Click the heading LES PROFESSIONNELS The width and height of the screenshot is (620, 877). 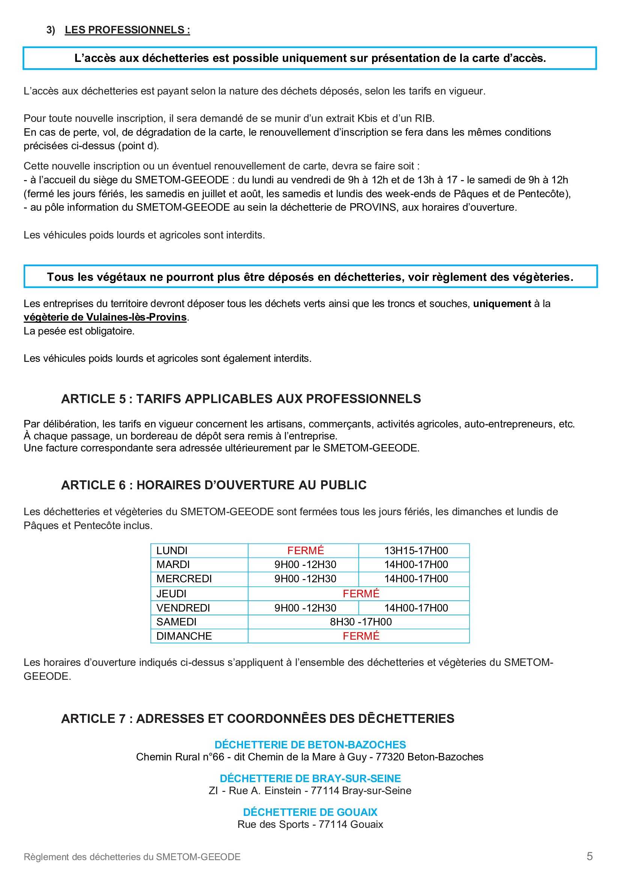pos(127,30)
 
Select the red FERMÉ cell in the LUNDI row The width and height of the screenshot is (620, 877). pos(305,550)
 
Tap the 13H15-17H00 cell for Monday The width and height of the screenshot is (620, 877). pos(416,550)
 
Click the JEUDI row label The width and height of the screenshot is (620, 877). pos(171,594)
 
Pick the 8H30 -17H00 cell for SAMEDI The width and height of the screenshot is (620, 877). pos(360,622)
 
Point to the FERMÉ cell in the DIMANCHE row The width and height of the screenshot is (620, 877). pos(360,636)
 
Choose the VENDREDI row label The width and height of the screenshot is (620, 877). pos(183,608)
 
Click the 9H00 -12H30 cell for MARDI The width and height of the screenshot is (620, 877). pos(305,565)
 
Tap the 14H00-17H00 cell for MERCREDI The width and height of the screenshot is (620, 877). pos(416,579)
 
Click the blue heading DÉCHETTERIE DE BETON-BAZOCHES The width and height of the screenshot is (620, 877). pos(310,745)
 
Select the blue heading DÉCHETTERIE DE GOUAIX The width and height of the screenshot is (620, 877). pos(310,812)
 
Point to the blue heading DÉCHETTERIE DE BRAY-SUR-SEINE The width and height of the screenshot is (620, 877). pos(310,778)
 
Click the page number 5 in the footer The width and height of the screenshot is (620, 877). pos(590,856)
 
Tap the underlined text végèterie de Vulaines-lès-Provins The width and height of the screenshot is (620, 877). pos(105,317)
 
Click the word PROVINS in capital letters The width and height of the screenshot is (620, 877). pos(372,207)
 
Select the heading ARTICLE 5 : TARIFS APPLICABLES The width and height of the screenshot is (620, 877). pos(241,399)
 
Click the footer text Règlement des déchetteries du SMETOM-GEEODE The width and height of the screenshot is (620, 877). pos(132,857)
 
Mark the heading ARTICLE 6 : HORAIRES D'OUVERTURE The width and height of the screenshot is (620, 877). pos(213,485)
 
